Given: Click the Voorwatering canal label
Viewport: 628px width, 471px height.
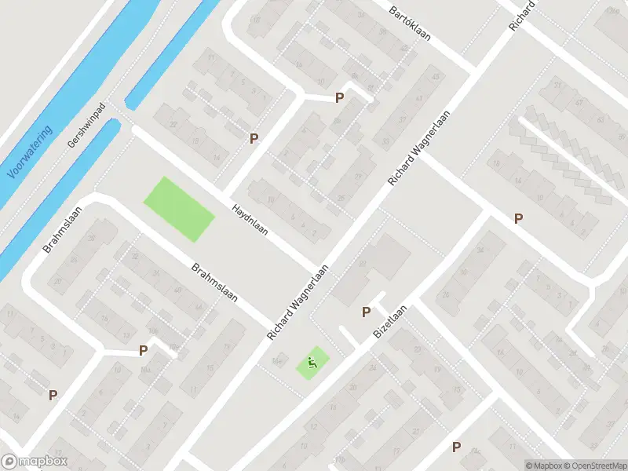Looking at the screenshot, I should pyautogui.click(x=31, y=152).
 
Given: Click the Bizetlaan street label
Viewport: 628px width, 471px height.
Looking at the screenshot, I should pyautogui.click(x=390, y=327).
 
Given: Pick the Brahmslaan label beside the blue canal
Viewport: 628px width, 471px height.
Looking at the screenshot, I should pyautogui.click(x=59, y=235).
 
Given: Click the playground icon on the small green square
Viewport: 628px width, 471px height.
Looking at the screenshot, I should pyautogui.click(x=312, y=363).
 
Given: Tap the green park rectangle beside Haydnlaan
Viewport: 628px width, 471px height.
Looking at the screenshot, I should pyautogui.click(x=179, y=209).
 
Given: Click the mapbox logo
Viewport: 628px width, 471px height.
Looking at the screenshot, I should pyautogui.click(x=34, y=462).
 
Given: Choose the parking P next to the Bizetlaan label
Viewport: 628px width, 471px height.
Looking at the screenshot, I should pyautogui.click(x=366, y=312).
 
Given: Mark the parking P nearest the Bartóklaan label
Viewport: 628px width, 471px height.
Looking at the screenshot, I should pyautogui.click(x=340, y=98).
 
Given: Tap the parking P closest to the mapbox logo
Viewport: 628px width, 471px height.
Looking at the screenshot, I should pyautogui.click(x=53, y=396).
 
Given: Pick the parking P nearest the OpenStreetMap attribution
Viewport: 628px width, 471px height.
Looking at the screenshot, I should pyautogui.click(x=456, y=447).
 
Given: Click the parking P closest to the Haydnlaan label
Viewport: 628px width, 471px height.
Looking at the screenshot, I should pyautogui.click(x=254, y=139).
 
